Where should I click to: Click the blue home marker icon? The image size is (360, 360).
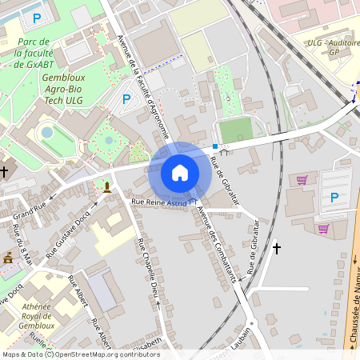pos(180,173)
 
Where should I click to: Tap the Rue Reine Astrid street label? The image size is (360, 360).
pos(160,204)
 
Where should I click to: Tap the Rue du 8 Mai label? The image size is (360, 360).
pos(22,243)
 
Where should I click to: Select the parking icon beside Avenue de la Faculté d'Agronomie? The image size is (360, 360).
pos(126,99)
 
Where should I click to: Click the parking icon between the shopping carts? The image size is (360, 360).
pos(334,198)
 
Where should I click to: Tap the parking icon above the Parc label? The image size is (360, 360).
pos(36,18)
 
